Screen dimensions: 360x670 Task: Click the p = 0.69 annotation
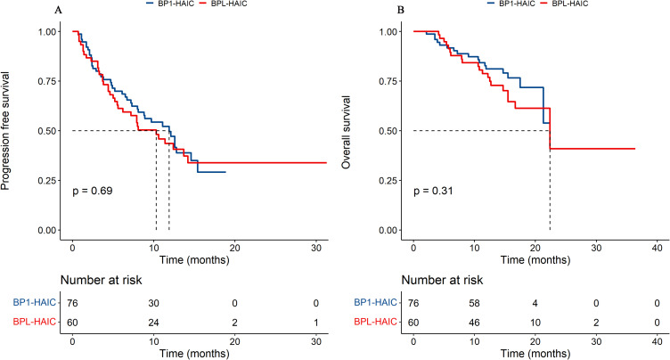[x=93, y=191]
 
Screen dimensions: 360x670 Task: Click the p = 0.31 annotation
[x=434, y=191]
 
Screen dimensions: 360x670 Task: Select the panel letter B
[x=400, y=11]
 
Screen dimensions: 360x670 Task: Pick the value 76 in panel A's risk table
[x=73, y=302]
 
